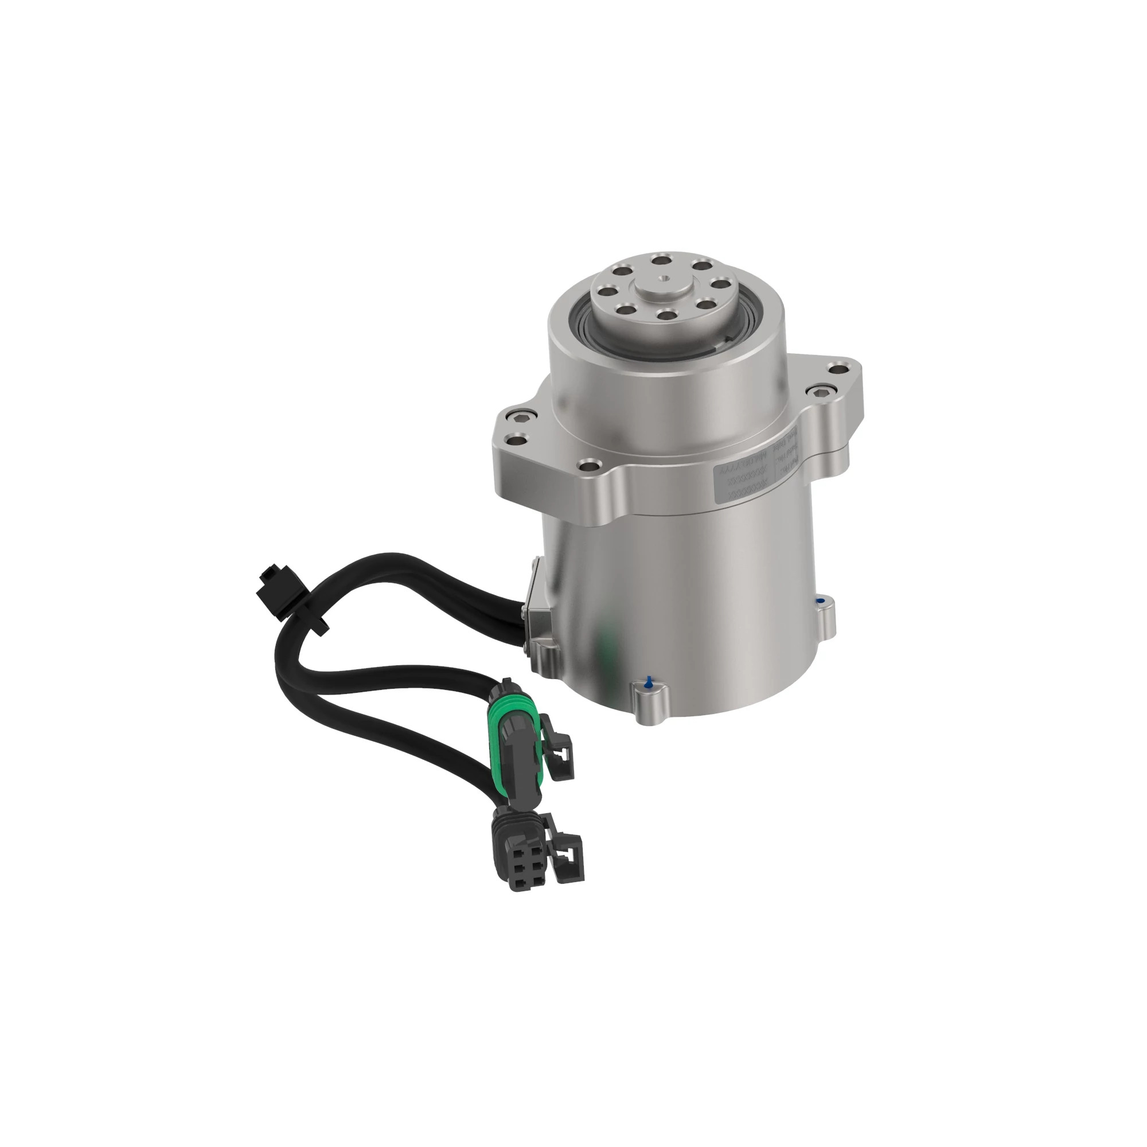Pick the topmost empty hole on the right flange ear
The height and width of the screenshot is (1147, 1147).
[838, 370]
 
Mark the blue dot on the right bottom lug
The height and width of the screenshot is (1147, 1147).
[820, 602]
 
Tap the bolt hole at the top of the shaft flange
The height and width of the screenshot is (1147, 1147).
[660, 259]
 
